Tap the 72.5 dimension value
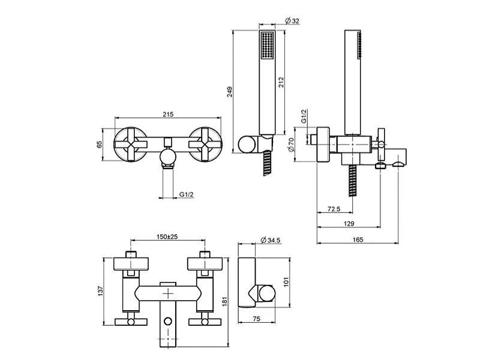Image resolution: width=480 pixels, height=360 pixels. point(334,209)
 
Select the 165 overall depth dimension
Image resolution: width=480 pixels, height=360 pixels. point(358,239)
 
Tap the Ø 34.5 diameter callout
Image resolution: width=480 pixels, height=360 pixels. point(271,240)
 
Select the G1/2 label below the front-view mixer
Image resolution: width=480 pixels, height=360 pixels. point(187,194)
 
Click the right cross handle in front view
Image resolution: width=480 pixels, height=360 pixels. point(204,145)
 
